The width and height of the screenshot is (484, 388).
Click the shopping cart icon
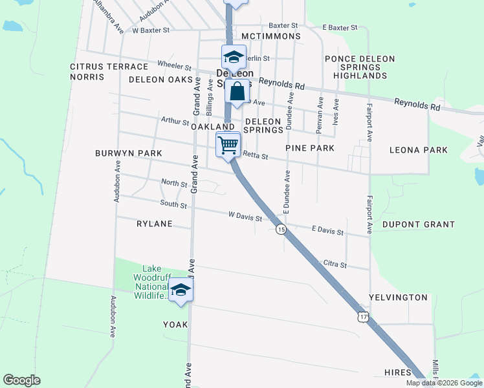click(228, 144)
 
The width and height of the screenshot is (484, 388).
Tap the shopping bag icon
click(237, 91)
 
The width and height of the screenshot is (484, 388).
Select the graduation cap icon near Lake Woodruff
click(181, 290)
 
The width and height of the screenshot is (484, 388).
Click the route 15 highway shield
click(281, 229)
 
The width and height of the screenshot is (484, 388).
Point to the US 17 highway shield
click(363, 317)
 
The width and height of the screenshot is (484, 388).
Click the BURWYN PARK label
click(128, 153)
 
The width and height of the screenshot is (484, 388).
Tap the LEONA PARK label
click(418, 150)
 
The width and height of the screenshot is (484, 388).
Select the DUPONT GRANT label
click(418, 224)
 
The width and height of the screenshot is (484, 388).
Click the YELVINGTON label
click(398, 297)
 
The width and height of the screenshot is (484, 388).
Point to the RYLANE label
click(154, 224)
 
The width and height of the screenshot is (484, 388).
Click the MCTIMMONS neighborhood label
click(270, 36)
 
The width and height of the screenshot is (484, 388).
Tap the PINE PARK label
click(310, 148)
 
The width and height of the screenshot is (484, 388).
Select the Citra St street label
click(335, 265)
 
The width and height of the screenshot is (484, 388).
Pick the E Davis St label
click(327, 230)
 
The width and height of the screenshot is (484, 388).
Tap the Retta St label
click(255, 155)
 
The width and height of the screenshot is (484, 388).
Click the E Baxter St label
click(340, 28)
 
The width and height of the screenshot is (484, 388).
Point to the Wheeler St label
click(175, 66)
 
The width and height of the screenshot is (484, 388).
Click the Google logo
click(21, 380)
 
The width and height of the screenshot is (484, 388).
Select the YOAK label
click(175, 325)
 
